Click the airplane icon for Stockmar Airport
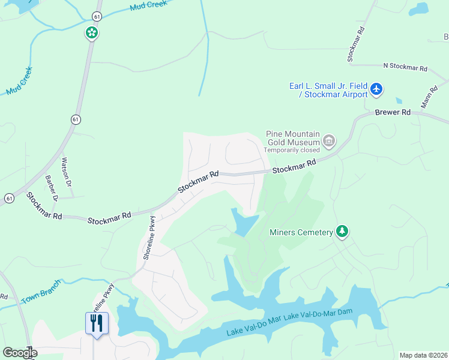click(376, 89)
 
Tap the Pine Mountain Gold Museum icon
click(329, 141)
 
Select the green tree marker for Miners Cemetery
click(342, 232)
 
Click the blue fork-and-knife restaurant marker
click(97, 323)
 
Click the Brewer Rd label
click(393, 112)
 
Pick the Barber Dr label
click(51, 188)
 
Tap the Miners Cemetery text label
click(301, 232)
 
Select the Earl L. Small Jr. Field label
click(328, 85)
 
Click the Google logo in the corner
click(19, 353)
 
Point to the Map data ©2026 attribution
click(423, 355)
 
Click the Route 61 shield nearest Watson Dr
click(74, 119)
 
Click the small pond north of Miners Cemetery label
click(245, 223)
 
